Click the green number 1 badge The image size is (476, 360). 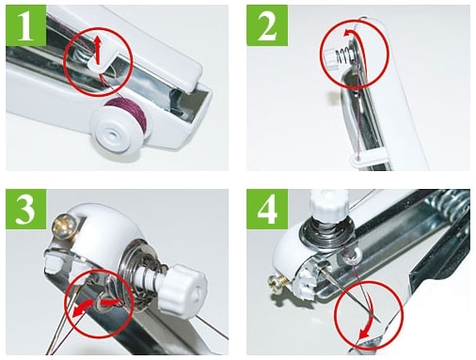click(x=26, y=25)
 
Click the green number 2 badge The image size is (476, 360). click(x=267, y=25)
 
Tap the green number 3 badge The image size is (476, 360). click(x=26, y=209)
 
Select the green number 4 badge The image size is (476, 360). click(x=267, y=209)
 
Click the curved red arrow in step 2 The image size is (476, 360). click(x=358, y=47)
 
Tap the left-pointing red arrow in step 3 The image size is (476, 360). click(x=82, y=307)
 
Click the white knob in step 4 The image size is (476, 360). click(x=329, y=205)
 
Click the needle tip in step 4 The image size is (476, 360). click(x=380, y=321)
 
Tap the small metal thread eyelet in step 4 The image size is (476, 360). click(x=352, y=257)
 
